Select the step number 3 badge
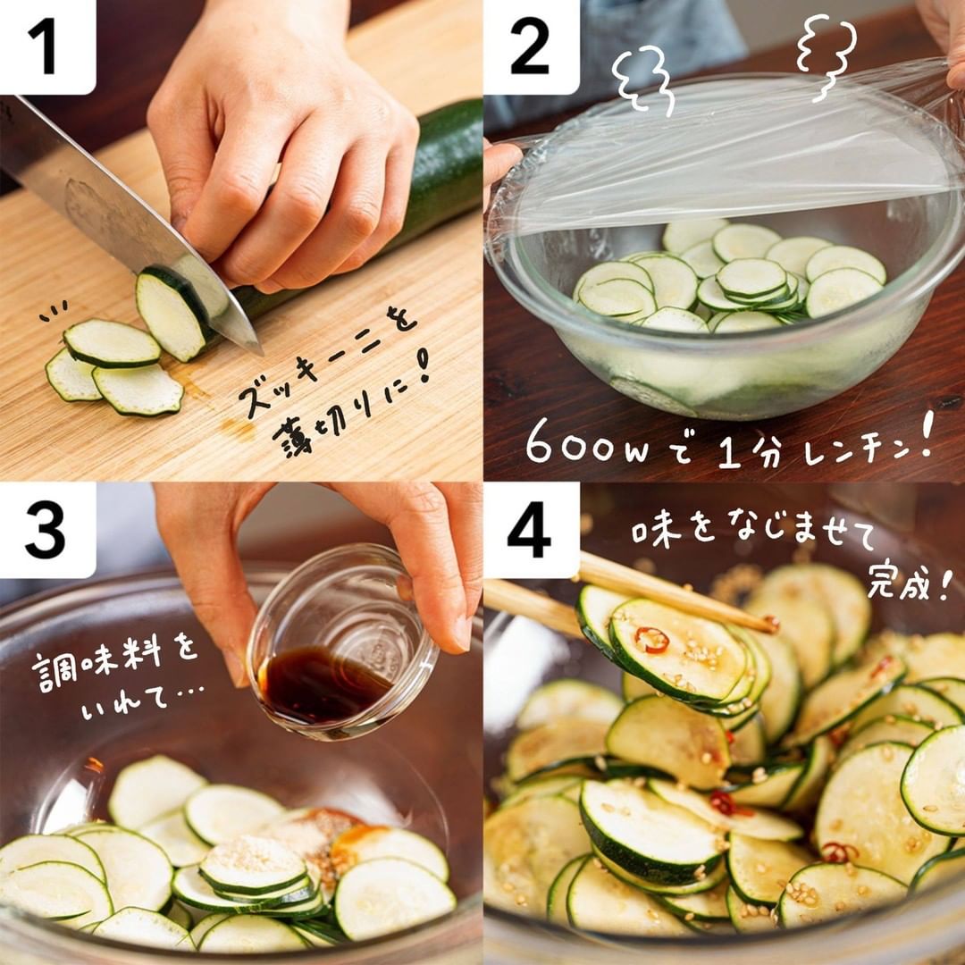click(46, 529)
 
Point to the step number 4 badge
click(531, 529)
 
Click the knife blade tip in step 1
click(262, 355)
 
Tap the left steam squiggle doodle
click(644, 81)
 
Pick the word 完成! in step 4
click(909, 583)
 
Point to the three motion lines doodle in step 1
click(54, 311)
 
